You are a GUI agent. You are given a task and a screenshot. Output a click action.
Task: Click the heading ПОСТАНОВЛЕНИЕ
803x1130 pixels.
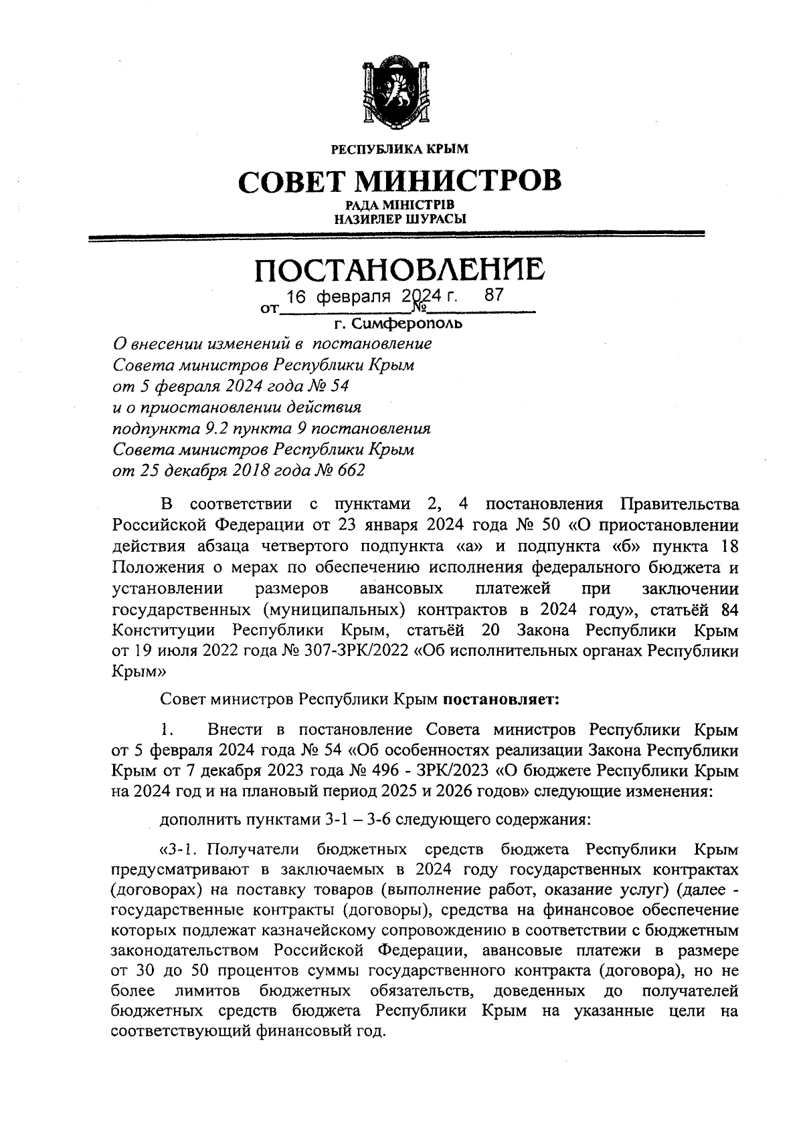point(399,271)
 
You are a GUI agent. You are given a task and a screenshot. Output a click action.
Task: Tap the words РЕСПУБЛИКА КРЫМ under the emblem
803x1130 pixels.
point(400,149)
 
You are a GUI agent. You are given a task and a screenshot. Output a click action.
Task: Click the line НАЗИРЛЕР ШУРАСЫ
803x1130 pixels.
point(400,218)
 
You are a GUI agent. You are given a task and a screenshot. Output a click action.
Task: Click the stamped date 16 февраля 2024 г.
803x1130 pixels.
point(372,296)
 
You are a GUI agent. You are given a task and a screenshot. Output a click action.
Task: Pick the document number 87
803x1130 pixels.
point(493,295)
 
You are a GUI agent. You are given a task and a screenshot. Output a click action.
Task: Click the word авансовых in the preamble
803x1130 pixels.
point(401,589)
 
